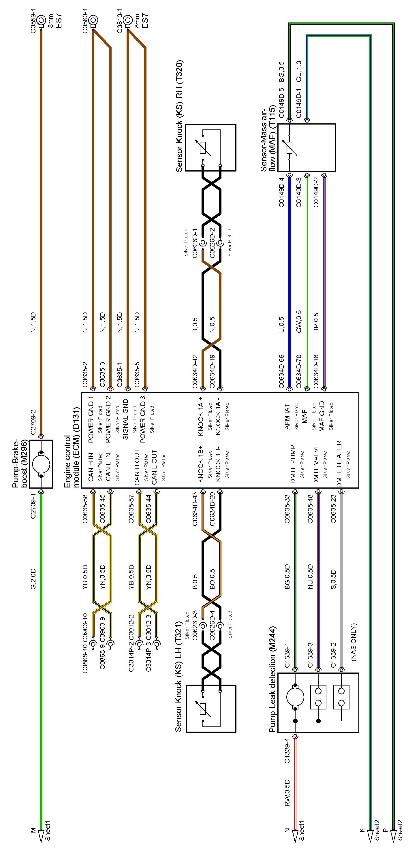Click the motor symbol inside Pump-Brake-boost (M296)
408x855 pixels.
point(41,464)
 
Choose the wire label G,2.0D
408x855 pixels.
point(33,579)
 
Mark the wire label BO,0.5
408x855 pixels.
point(212,579)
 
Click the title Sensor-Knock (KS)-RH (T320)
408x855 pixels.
point(179,116)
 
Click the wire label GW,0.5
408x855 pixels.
point(298,322)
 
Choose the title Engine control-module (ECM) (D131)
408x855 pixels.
point(72,460)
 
